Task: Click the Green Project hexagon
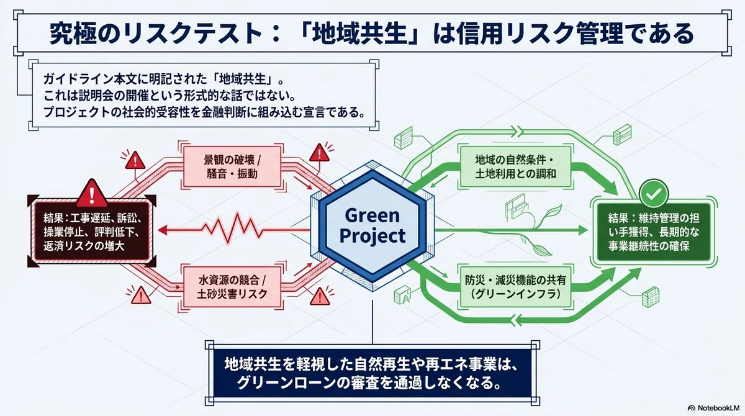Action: pos(372,226)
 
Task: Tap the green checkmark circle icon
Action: pos(653,194)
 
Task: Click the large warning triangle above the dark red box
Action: pos(92,194)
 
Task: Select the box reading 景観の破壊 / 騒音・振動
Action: pos(232,166)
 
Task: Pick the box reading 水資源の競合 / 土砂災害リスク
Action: pos(232,287)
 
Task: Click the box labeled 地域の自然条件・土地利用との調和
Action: pos(515,166)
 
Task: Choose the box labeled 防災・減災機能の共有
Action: pos(515,287)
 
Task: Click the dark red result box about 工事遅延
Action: pos(92,232)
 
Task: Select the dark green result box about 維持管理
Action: pos(654,232)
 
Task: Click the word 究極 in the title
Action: pos(69,34)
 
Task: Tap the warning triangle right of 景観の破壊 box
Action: pos(319,153)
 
